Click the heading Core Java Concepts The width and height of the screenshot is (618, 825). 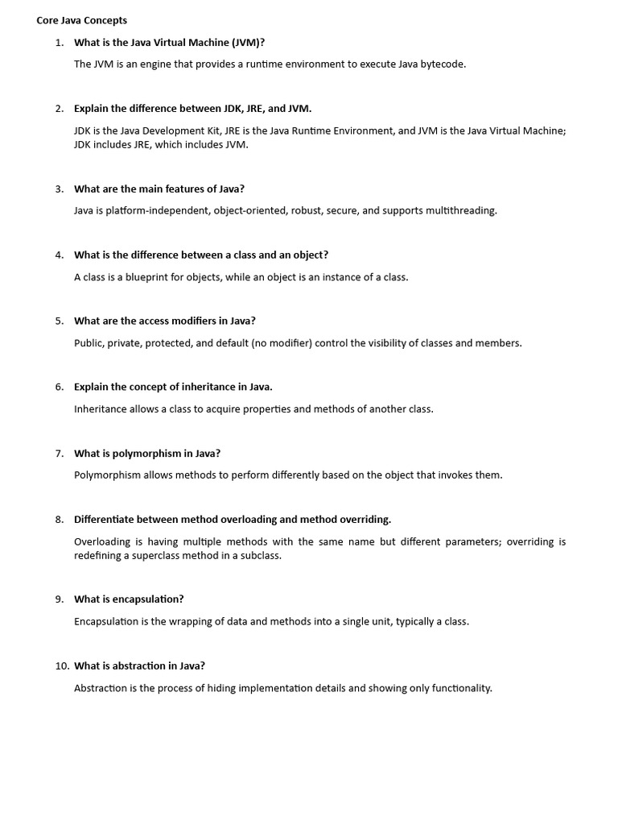(x=81, y=20)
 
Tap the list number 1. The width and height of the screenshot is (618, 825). (x=59, y=42)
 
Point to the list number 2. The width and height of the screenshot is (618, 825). (x=59, y=108)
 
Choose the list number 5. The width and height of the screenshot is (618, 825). (x=59, y=321)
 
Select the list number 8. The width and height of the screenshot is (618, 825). (x=59, y=519)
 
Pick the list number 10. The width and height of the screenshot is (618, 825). (x=61, y=665)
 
